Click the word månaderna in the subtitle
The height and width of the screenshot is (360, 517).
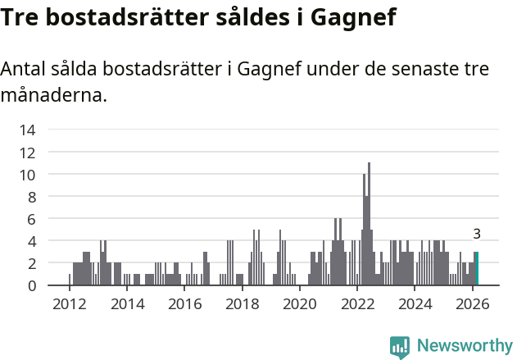(x=53, y=95)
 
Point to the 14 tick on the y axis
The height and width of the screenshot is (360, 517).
(x=27, y=130)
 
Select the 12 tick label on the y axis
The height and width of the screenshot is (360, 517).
(x=27, y=152)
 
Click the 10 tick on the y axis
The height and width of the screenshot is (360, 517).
(x=27, y=175)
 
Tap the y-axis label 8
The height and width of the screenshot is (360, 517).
(x=31, y=197)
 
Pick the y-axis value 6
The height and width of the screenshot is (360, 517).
(x=31, y=219)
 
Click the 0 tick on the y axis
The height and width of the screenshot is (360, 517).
(x=31, y=285)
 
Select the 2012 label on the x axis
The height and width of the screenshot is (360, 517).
(x=69, y=304)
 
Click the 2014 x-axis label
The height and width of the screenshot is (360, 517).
(x=126, y=304)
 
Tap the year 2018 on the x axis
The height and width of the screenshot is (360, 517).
(x=242, y=304)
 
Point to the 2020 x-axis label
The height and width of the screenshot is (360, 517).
(x=299, y=304)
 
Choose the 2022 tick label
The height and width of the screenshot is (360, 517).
(x=357, y=304)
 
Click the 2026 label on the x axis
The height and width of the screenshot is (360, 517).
(x=472, y=304)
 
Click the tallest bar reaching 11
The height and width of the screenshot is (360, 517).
(x=370, y=226)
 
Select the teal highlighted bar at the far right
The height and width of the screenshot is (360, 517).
(x=477, y=269)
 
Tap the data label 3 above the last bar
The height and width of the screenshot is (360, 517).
(x=477, y=234)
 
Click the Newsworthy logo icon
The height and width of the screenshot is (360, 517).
(x=400, y=347)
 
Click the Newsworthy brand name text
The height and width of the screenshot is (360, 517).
(x=465, y=347)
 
